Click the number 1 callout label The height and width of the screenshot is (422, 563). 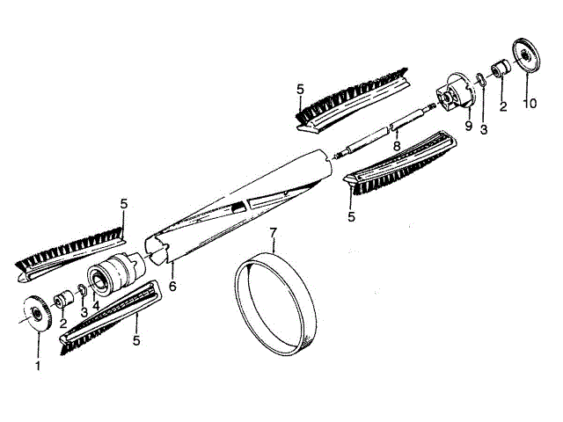(38, 364)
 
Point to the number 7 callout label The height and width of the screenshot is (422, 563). (274, 233)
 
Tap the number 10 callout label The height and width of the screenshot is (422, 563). (529, 105)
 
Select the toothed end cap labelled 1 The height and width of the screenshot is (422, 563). (38, 315)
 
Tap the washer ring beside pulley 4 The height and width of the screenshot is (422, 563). (81, 291)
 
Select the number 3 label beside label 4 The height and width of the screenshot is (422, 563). (84, 311)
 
